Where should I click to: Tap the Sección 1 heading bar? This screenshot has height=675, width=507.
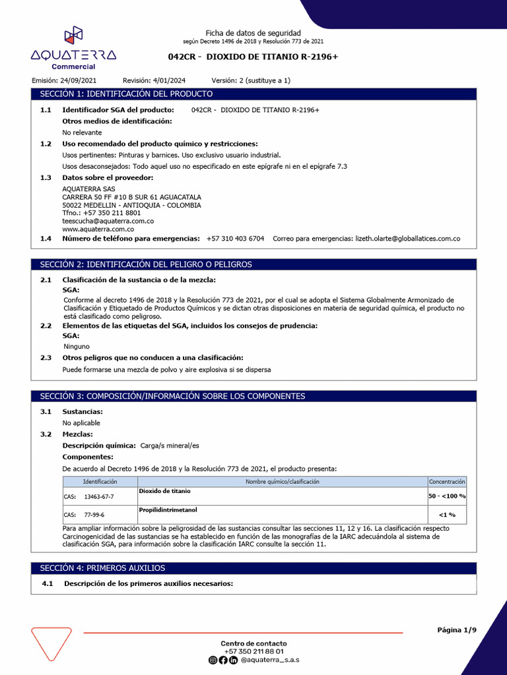click(253, 94)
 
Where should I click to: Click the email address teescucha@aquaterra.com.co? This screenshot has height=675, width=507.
click(108, 221)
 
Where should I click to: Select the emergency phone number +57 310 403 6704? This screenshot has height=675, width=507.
click(235, 239)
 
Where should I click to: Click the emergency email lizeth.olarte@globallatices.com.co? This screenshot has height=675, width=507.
click(407, 239)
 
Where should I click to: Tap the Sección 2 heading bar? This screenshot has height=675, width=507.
click(253, 264)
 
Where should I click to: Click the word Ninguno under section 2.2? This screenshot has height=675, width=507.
click(77, 346)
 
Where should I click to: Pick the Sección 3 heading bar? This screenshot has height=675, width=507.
click(253, 396)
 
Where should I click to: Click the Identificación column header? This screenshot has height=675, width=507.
click(100, 482)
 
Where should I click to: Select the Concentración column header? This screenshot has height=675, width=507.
click(447, 482)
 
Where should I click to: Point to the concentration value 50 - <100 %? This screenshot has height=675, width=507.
click(447, 496)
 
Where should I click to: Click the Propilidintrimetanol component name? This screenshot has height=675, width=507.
click(168, 510)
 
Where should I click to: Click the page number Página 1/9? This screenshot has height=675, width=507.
click(456, 630)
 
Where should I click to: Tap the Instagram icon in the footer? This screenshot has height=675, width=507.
click(213, 660)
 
